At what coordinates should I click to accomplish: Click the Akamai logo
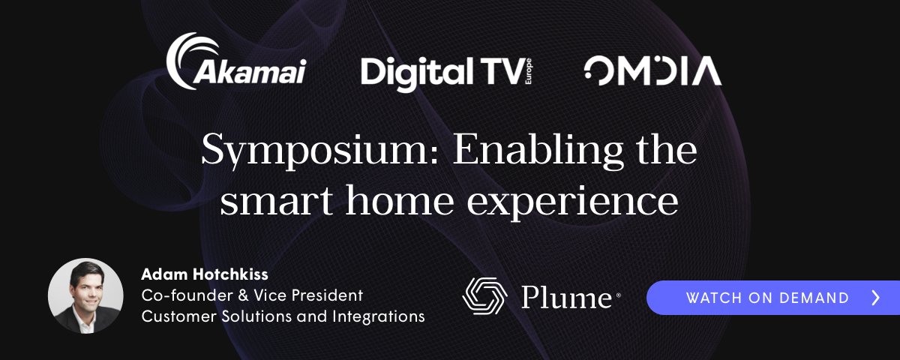[236, 61]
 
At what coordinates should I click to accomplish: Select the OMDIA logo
[652, 70]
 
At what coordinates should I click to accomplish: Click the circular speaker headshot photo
[85, 295]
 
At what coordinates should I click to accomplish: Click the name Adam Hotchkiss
[205, 274]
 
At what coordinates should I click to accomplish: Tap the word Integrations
[379, 317]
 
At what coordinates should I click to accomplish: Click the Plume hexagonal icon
[485, 296]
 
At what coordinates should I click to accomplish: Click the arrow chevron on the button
[876, 298]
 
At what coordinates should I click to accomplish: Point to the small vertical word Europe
[528, 71]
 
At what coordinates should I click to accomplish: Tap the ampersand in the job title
[243, 295]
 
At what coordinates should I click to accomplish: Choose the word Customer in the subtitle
[179, 316]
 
